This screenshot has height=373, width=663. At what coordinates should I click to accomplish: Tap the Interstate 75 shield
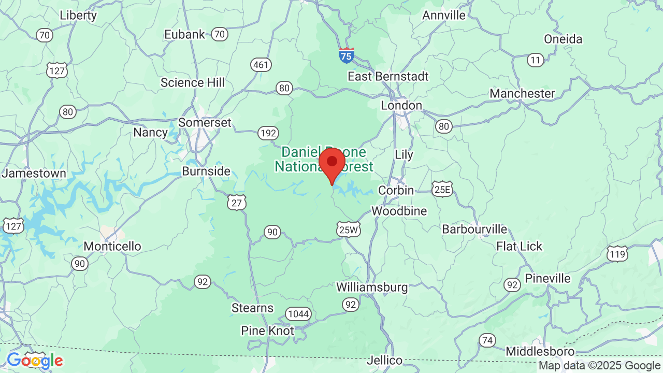coord(347,55)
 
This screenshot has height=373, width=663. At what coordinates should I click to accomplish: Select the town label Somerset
coord(205,123)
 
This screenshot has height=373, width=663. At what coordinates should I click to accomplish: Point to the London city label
coord(401,106)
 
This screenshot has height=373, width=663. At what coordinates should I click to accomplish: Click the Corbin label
coord(396,191)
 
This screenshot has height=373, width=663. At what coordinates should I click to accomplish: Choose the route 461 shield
coord(261,65)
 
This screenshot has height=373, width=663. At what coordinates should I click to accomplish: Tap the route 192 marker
coord(268,134)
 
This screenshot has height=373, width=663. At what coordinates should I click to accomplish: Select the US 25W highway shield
coord(348,230)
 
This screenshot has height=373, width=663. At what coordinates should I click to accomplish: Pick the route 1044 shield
coord(298,314)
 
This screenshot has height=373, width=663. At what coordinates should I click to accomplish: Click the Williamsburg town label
coord(372,287)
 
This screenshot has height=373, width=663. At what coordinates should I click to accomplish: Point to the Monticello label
coord(112,246)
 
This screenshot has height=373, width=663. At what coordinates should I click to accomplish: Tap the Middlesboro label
coord(538,351)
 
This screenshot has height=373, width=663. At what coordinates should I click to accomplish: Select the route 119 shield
coord(617,254)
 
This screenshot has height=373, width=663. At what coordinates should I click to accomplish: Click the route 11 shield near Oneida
coord(536,61)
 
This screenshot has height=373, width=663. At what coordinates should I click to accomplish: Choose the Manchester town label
coord(522,94)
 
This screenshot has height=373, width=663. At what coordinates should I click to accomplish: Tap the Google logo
coord(35,361)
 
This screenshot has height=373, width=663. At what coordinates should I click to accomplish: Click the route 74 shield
coord(487,340)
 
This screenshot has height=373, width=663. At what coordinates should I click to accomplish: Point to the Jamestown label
coord(34,174)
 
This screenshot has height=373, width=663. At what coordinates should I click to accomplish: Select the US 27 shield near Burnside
coord(237,203)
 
